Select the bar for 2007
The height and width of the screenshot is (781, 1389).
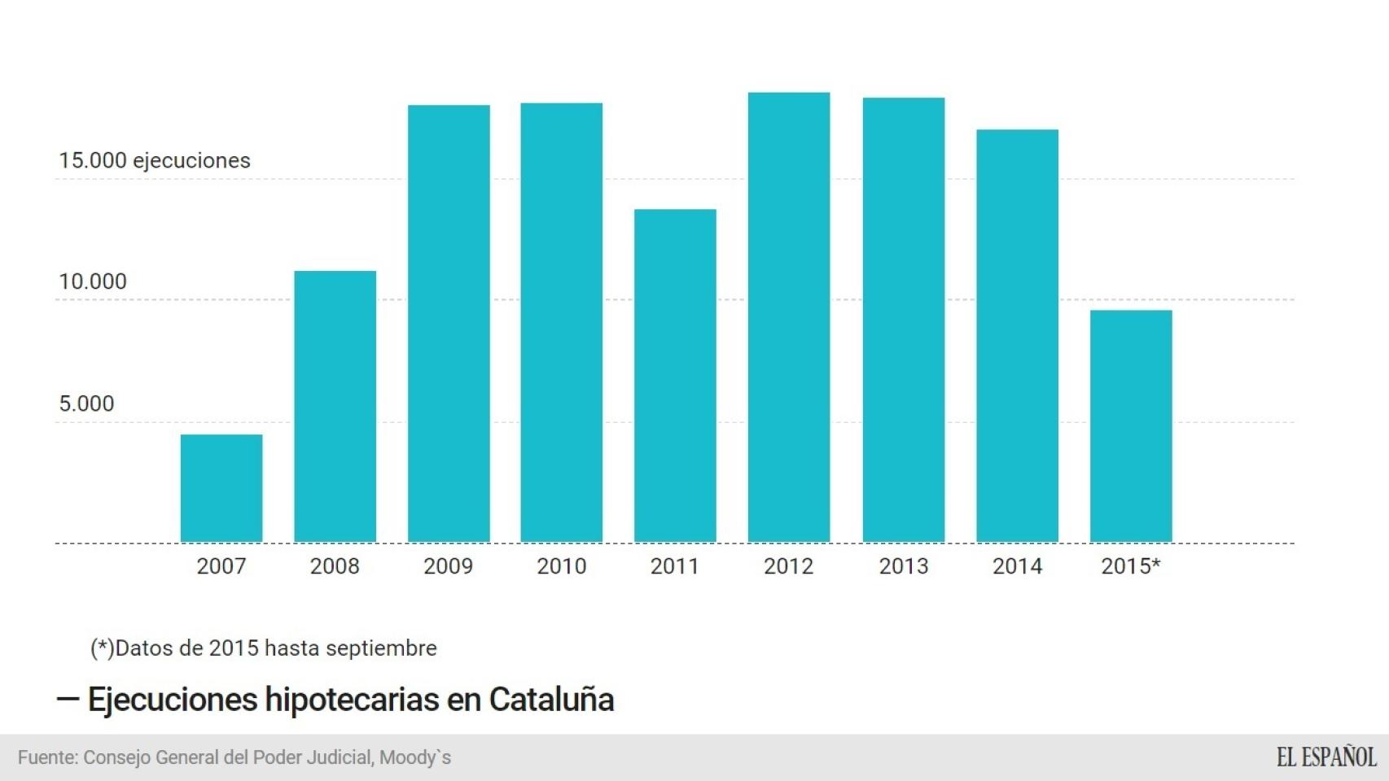pos(221,488)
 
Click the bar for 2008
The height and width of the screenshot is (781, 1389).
pos(335,406)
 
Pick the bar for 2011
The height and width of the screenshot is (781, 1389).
pos(675,375)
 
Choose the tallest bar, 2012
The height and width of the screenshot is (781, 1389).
pos(789,316)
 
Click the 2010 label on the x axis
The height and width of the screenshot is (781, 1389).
pos(562,566)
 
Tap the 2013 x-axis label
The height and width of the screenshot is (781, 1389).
pos(904,566)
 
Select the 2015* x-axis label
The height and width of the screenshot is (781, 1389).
pos(1131,566)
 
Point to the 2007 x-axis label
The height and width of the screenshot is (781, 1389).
pos(221,566)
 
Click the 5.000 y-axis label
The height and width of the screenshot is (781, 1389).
pos(86,404)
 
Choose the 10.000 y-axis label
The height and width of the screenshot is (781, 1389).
pos(93,281)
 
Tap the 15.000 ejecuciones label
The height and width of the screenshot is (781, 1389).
pos(155,160)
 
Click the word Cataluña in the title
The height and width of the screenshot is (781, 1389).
pos(551,700)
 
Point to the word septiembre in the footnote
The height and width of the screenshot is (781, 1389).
pos(381,648)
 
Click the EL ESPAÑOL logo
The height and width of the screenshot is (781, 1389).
pos(1326,757)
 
